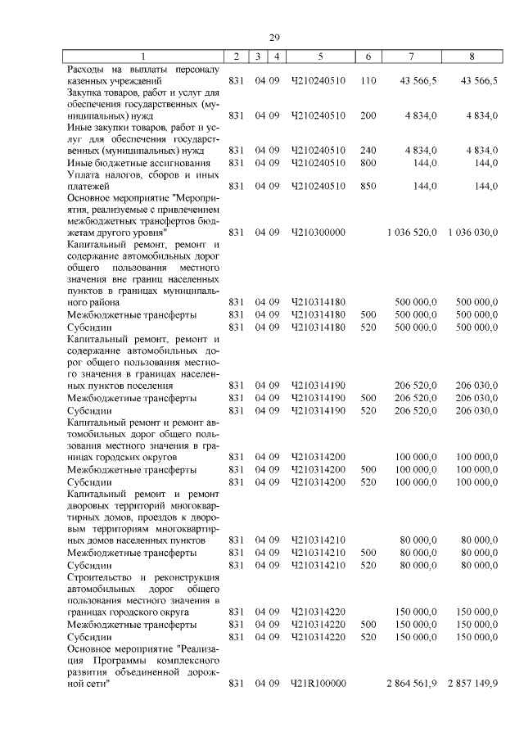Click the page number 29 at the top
point(275,37)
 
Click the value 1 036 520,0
point(412,233)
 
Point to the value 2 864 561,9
point(412,683)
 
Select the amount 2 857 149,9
point(473,683)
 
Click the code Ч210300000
point(318,233)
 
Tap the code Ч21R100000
point(318,683)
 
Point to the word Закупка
point(88,93)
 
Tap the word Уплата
point(85,174)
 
